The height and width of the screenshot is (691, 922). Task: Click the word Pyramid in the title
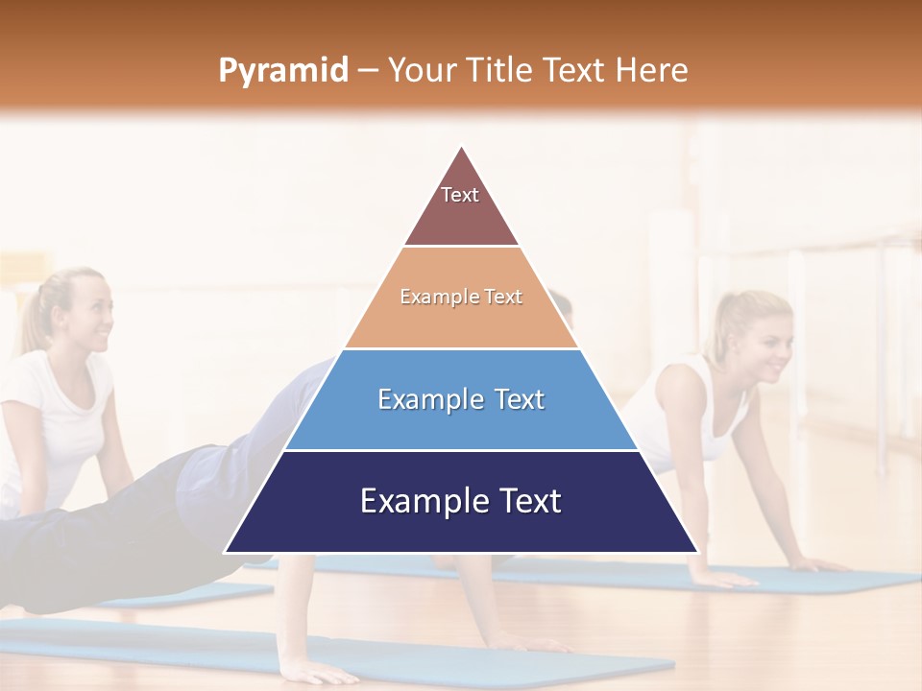[x=282, y=71]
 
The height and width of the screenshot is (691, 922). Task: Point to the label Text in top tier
[x=460, y=195]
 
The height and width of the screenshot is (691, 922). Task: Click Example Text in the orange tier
[x=461, y=297]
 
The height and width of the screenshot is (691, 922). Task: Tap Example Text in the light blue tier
[x=461, y=398]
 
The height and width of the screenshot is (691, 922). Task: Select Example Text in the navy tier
[x=461, y=501]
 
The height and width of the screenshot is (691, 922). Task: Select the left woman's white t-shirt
[x=53, y=422]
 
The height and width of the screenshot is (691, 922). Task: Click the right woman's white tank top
[x=687, y=413]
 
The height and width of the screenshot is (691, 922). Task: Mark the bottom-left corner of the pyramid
[x=226, y=552]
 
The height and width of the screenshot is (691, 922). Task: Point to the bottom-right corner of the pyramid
[x=697, y=552]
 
